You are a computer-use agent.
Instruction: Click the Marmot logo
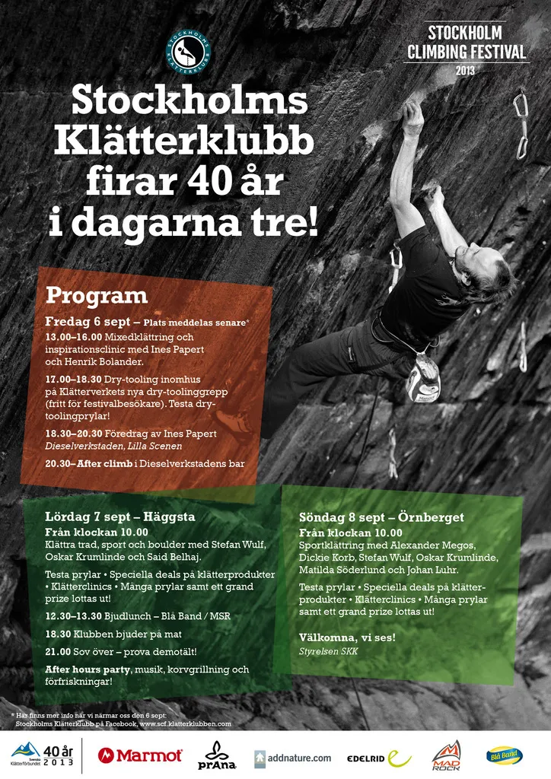140,755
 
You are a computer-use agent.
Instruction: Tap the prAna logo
217,755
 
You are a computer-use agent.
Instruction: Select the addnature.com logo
293,758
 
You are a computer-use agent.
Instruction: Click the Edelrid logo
378,758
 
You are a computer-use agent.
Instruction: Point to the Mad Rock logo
446,755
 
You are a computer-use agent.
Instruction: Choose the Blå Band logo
505,755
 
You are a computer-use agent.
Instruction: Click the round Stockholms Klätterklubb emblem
188,52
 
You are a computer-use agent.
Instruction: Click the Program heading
97,295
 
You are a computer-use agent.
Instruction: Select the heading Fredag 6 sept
92,322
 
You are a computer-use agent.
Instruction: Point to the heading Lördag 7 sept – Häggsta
120,517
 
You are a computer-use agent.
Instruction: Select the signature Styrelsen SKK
328,651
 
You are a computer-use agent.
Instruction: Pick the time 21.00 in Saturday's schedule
58,651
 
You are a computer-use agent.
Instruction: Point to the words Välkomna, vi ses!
347,637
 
